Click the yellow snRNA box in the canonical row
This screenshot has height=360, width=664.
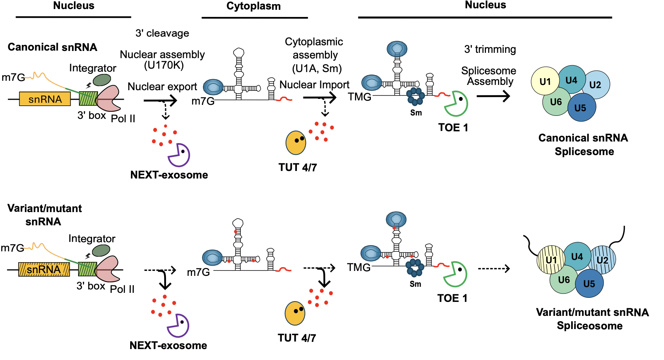(x=45, y=99)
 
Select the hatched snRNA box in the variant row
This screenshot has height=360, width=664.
(x=44, y=269)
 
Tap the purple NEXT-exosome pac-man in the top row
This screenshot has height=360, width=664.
(x=178, y=155)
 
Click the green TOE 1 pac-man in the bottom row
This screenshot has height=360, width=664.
(x=455, y=274)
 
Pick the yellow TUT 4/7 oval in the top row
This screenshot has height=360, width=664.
(x=296, y=143)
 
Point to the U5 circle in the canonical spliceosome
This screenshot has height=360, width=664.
(x=581, y=108)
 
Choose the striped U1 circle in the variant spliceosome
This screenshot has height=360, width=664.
(x=550, y=260)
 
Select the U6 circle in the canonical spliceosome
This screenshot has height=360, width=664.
(x=556, y=102)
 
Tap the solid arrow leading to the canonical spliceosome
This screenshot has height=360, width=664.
(x=493, y=96)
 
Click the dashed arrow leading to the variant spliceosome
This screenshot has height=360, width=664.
(x=494, y=269)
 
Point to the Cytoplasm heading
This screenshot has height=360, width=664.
(x=254, y=6)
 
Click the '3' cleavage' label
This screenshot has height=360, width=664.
(x=162, y=33)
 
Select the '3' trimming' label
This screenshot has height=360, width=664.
(x=490, y=49)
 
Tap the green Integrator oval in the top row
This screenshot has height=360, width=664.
(x=102, y=80)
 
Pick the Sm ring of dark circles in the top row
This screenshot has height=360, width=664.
(x=415, y=97)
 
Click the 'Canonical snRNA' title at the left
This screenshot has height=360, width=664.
(x=52, y=47)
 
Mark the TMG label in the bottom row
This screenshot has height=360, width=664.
(x=358, y=268)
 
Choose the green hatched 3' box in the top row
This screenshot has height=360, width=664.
(x=88, y=98)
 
